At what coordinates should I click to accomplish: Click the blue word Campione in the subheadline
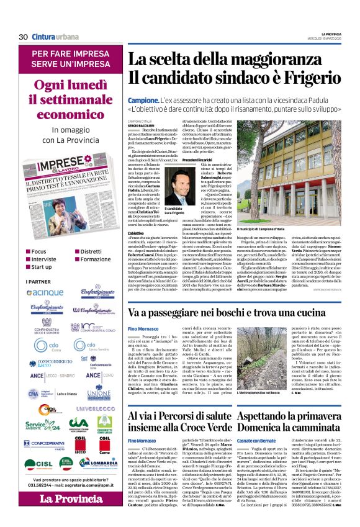(142, 101)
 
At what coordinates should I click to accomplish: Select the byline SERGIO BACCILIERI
(143, 125)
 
